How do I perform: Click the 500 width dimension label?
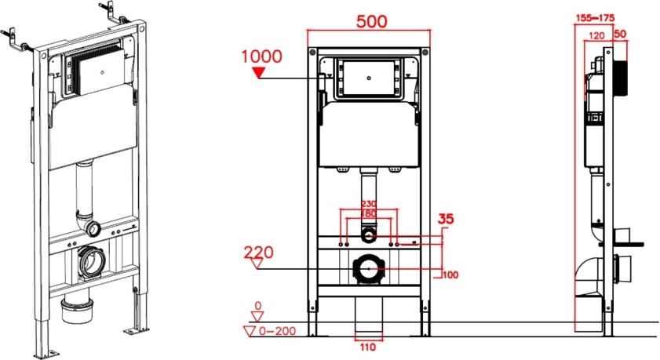click(x=371, y=21)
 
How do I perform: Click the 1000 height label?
click(x=261, y=56)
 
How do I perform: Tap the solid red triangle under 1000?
click(x=258, y=73)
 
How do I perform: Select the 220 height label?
click(x=258, y=252)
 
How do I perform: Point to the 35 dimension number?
click(x=446, y=219)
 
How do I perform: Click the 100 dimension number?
click(x=450, y=275)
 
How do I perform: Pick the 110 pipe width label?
click(x=367, y=347)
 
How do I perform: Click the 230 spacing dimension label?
click(x=369, y=204)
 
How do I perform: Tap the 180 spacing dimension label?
click(x=369, y=213)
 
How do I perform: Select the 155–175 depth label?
click(x=595, y=18)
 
